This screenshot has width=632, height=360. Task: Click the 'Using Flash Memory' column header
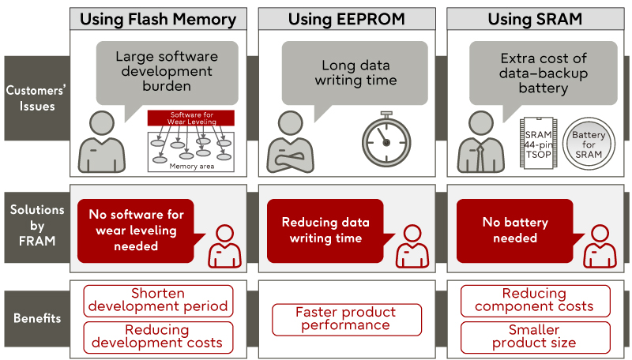158,19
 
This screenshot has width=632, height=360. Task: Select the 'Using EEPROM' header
347,19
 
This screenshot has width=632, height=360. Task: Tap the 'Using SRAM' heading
536,19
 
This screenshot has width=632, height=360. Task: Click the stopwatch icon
386,139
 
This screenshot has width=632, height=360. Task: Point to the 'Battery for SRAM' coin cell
589,144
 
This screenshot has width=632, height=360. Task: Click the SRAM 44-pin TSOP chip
539,144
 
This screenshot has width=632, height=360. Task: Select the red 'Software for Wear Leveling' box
190,118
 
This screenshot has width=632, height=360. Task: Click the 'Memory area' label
191,167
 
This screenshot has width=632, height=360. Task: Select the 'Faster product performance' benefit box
347,320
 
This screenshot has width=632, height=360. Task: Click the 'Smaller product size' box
536,337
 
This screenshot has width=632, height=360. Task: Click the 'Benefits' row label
37,318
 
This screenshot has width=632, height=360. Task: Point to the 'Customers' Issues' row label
36,98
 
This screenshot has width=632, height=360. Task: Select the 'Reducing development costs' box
158,337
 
